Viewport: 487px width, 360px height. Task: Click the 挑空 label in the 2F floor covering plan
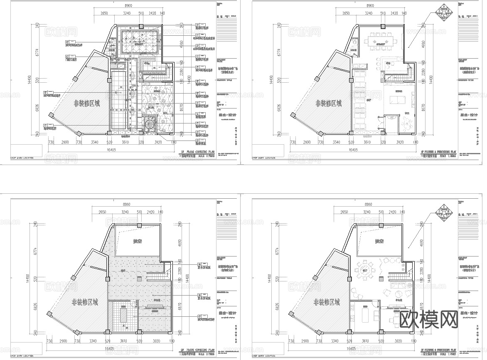pyautogui.click(x=138, y=241)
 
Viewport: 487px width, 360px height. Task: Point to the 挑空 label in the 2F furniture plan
pyautogui.click(x=379, y=241)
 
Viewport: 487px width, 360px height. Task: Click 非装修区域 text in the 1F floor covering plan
pyautogui.click(x=86, y=104)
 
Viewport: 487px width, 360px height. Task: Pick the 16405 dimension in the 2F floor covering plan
pyautogui.click(x=109, y=348)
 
